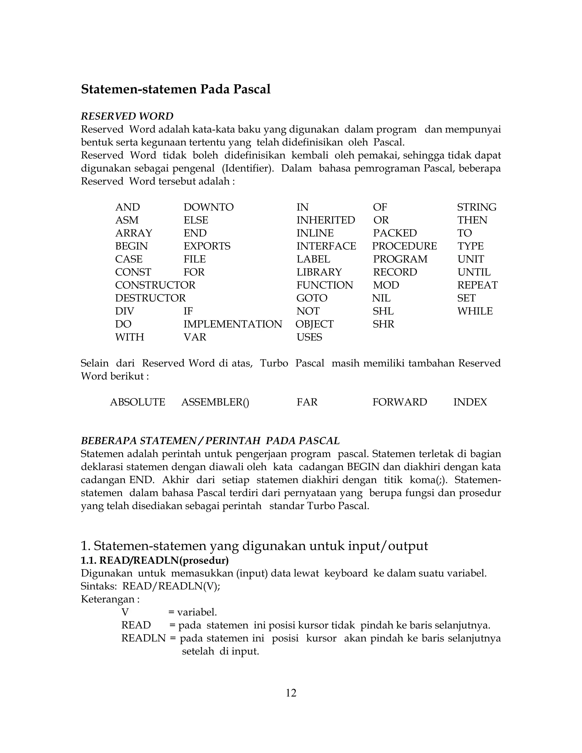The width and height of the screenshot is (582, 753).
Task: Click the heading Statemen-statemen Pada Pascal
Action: pos(176,89)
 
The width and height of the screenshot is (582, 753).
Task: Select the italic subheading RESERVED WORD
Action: pos(127,116)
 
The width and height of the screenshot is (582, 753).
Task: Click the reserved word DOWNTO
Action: pos(208,207)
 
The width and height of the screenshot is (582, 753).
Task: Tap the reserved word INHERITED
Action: pos(325,220)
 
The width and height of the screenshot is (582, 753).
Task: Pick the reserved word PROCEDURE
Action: pos(404,246)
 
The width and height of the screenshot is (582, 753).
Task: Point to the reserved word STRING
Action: pos(477,207)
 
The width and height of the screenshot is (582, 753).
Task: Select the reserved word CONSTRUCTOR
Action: pos(155,285)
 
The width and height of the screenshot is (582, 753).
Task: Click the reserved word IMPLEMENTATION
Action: pos(232,324)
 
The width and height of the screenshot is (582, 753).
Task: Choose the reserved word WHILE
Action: pos(475,311)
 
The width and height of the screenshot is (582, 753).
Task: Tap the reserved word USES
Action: pos(309,337)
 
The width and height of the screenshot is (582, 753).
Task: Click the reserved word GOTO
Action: pos(312,298)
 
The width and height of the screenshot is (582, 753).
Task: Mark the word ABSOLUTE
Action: pos(138,402)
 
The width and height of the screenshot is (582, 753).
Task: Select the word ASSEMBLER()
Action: pos(215,402)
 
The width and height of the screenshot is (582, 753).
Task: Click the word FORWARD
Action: pos(400,402)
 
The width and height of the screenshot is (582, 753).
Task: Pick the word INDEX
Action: pos(470,402)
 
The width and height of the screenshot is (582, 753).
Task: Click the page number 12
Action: pos(291,693)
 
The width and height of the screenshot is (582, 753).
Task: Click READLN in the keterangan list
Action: pos(144,638)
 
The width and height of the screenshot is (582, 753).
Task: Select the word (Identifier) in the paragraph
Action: pos(247,169)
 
